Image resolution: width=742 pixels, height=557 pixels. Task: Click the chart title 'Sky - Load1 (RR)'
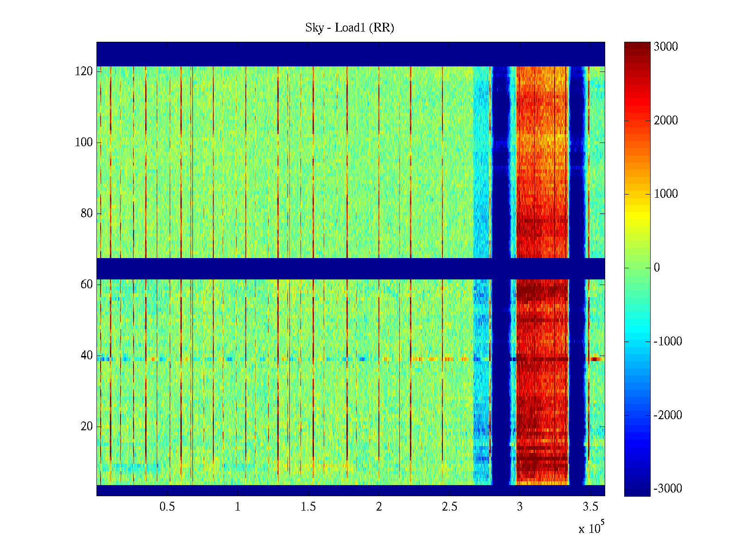(x=350, y=28)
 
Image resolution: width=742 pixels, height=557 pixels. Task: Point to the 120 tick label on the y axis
(x=84, y=71)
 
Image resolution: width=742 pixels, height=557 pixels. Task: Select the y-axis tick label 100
(x=84, y=142)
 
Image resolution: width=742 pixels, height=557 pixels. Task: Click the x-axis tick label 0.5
(x=167, y=507)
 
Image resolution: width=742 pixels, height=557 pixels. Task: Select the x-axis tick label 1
(x=237, y=507)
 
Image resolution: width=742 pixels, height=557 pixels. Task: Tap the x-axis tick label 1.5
(x=308, y=507)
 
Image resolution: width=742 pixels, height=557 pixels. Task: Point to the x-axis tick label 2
(x=379, y=507)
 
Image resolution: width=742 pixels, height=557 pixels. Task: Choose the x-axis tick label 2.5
(x=449, y=507)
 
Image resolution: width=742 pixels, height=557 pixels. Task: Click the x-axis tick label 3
(x=520, y=507)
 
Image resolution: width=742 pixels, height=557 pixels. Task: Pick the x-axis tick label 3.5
(x=590, y=507)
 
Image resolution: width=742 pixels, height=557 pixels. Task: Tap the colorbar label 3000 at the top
(x=666, y=47)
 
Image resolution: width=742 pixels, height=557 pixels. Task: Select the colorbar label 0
(x=657, y=268)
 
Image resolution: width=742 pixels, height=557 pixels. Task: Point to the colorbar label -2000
(x=668, y=415)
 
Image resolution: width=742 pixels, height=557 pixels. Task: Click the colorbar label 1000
(x=666, y=194)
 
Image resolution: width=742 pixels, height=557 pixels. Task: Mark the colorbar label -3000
(x=668, y=489)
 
